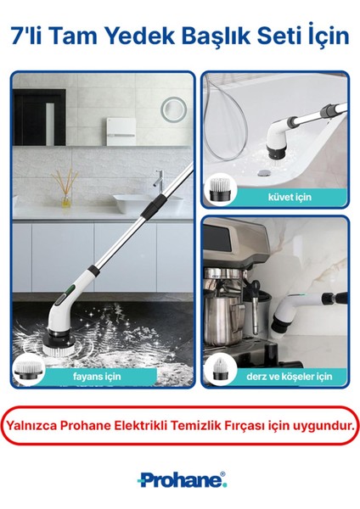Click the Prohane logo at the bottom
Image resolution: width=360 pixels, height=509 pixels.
pos(180,481)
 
